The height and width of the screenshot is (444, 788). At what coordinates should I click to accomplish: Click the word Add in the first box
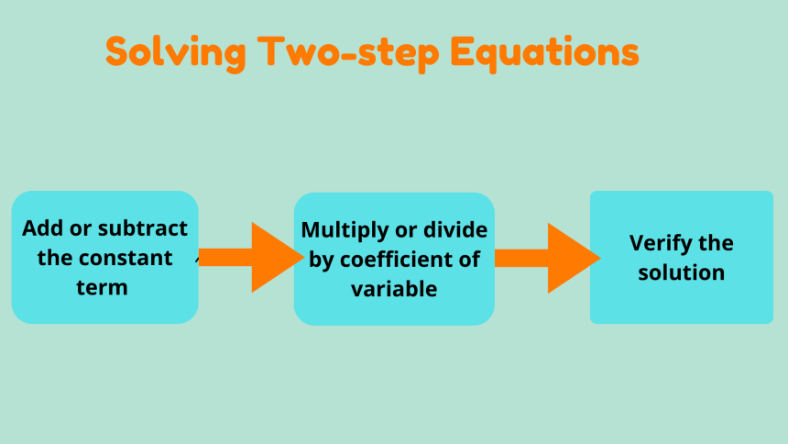tap(39, 228)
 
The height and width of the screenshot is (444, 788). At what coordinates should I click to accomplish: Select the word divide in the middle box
tap(456, 229)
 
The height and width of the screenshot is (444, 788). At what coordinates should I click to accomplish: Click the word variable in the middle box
tap(394, 289)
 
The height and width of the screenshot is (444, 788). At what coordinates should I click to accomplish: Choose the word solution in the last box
tap(682, 272)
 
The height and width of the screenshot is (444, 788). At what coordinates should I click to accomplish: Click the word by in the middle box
tap(321, 261)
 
